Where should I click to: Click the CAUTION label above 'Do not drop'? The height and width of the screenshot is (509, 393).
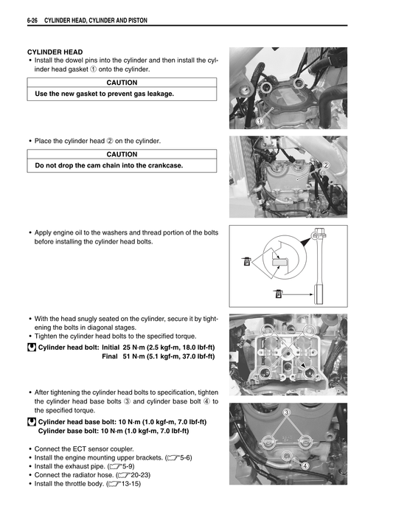(x=122, y=154)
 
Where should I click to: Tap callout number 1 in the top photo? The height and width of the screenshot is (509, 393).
(x=260, y=120)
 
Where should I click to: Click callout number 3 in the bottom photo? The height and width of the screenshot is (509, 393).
(x=286, y=412)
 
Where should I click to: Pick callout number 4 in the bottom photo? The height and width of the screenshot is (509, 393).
(x=305, y=465)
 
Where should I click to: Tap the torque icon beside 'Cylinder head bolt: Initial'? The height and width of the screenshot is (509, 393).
(x=31, y=346)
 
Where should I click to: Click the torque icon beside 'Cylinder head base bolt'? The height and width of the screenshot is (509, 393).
(x=31, y=422)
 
